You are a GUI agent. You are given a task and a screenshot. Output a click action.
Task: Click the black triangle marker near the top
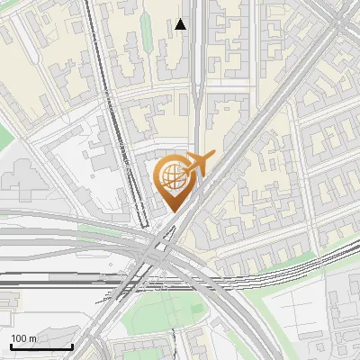(x=181, y=24)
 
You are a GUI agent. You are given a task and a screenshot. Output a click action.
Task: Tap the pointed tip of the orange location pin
(x=172, y=212)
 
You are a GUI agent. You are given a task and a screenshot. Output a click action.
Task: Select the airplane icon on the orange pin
(x=197, y=165)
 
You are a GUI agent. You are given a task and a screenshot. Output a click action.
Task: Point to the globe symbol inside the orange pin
(x=171, y=177)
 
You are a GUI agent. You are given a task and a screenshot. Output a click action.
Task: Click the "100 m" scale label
(x=24, y=338)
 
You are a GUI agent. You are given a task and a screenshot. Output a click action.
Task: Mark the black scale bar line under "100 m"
(x=40, y=346)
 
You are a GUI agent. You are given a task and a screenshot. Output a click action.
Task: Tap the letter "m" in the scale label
(x=32, y=338)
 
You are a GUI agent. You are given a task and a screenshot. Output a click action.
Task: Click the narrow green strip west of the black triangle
(x=146, y=31)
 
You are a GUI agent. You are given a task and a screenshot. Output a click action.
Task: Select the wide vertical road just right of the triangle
(x=197, y=54)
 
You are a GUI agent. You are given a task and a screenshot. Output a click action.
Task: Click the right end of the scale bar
(x=72, y=346)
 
